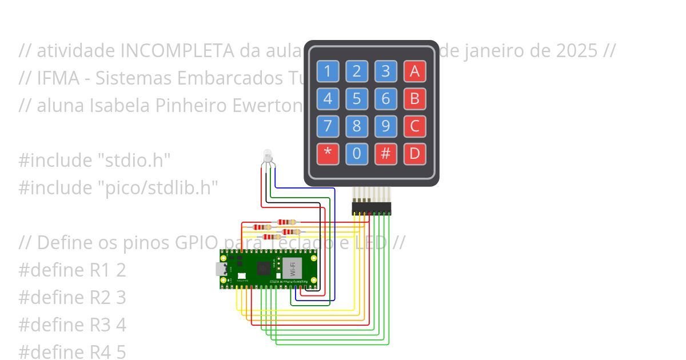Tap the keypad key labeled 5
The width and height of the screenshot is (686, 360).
[357, 99]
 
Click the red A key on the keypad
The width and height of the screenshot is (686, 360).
[415, 71]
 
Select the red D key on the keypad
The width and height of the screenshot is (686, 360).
[415, 154]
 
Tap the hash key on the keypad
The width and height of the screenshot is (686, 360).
[386, 154]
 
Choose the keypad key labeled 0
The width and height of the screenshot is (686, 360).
[357, 154]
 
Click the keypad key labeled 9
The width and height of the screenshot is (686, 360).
[386, 126]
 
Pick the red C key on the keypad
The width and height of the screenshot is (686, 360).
[415, 126]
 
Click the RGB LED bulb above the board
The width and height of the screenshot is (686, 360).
[267, 155]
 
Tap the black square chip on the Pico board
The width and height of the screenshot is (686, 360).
[264, 268]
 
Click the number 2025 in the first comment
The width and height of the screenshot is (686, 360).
[576, 51]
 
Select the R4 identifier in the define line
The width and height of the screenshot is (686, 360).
[101, 352]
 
